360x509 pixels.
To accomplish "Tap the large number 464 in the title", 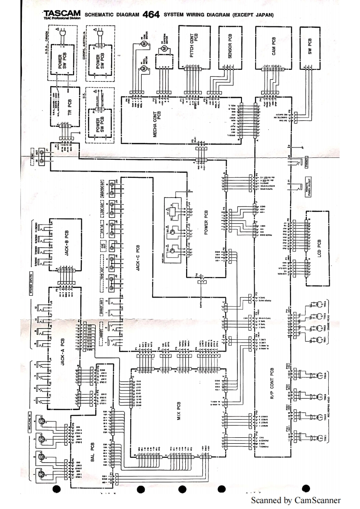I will [151, 14].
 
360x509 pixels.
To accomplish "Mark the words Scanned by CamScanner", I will [295, 500].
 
